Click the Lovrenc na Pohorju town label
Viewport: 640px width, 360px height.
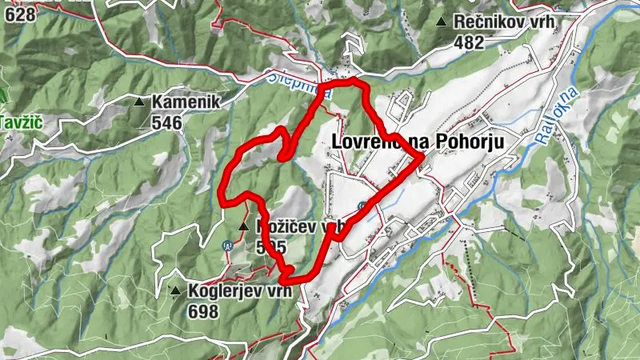coord(416,142)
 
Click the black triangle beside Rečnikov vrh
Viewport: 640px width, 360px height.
coord(442,22)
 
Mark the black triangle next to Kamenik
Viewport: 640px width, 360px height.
coord(140,102)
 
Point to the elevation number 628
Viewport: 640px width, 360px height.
coord(19,14)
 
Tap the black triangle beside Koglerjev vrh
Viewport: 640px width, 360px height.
coord(175,290)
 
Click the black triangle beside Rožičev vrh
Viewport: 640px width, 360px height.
coord(242,226)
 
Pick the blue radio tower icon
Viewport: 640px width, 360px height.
coord(226,245)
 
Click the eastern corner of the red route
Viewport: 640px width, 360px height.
coord(421,158)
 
